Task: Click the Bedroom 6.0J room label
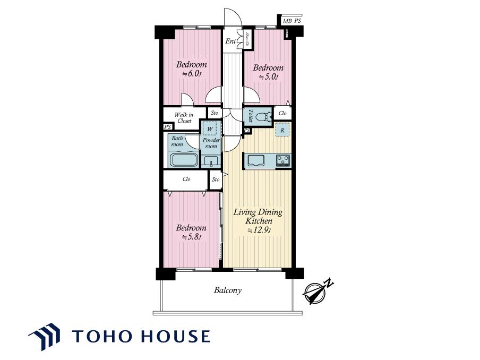coord(191,69)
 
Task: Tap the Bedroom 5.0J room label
coord(268,72)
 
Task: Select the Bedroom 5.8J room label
coord(191,233)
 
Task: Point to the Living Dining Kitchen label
coord(258,221)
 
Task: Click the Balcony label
coord(227,290)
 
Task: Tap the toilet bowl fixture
coord(264,117)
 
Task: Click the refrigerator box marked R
coord(282,130)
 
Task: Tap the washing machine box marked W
coord(210,129)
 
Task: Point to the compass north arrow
coord(318,291)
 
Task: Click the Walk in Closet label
coord(184,118)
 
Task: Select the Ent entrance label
coord(230,41)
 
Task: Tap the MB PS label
coord(292,21)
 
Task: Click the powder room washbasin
coord(211,160)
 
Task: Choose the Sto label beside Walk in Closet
coord(215,113)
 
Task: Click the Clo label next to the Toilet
coord(282,113)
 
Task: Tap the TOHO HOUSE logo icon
coord(45,336)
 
